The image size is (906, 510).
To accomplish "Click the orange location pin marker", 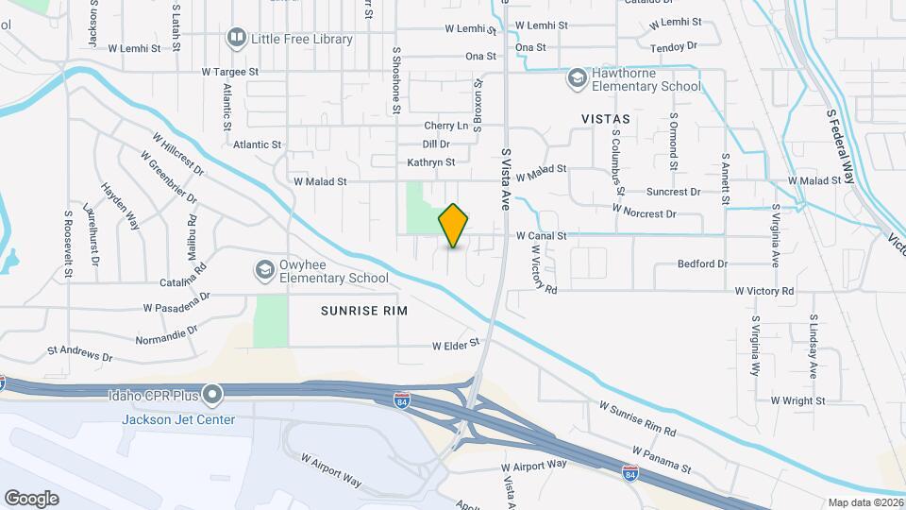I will click(454, 226).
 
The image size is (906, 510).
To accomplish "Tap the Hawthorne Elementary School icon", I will click(576, 78).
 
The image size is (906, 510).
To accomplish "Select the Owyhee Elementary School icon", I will click(265, 271).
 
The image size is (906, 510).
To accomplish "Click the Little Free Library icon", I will click(236, 40).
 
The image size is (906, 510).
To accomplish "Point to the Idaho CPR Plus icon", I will click(213, 394).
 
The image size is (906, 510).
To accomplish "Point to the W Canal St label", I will click(541, 236).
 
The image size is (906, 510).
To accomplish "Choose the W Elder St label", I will click(457, 346).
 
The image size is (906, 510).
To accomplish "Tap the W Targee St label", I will click(230, 72).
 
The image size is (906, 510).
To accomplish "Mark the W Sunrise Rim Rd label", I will click(638, 418).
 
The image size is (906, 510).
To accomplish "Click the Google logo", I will click(31, 499).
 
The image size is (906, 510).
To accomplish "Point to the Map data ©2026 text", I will click(865, 502).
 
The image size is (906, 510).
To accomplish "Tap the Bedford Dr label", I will click(702, 264).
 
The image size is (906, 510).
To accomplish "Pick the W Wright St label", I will click(797, 400).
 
